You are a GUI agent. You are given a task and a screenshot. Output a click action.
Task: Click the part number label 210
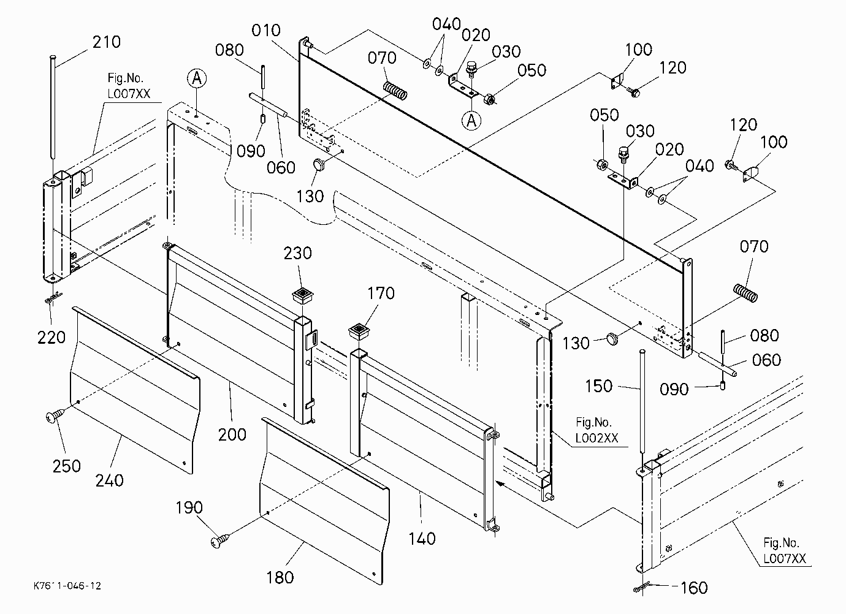click(107, 42)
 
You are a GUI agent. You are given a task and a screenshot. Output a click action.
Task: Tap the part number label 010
click(266, 30)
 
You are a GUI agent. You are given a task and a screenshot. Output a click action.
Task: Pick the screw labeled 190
click(220, 540)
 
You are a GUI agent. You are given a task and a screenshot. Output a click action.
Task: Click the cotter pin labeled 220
click(53, 298)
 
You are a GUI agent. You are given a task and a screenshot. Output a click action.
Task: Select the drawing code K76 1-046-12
click(67, 586)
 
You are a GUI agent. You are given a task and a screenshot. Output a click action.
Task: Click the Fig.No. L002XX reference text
click(596, 430)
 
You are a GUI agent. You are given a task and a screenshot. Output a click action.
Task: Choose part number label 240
click(109, 480)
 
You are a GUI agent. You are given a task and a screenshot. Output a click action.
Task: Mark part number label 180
click(280, 577)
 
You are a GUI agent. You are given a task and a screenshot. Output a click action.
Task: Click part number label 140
click(422, 539)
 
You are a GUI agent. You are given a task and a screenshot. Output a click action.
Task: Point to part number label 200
click(232, 434)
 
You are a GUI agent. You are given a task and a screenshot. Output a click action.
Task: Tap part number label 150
click(598, 386)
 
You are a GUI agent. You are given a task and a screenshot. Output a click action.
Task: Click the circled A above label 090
click(197, 78)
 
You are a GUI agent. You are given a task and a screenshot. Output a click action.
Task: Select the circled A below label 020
click(471, 121)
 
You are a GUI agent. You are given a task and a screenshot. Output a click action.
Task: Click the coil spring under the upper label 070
click(395, 91)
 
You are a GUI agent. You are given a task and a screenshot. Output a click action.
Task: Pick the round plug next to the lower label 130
click(612, 338)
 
